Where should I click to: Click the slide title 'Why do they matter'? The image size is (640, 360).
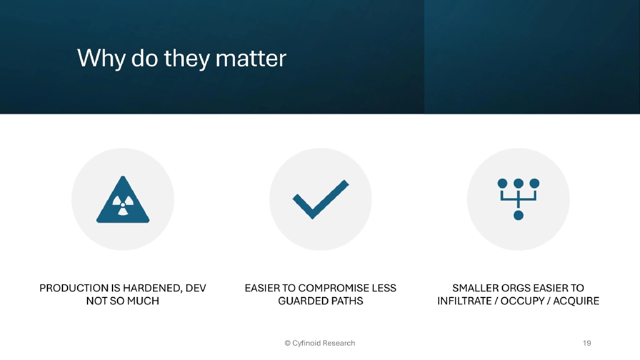[181, 58]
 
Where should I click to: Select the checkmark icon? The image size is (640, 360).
[320, 199]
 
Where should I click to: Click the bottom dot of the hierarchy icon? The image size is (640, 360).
[518, 216]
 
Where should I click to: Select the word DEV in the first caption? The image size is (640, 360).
[196, 288]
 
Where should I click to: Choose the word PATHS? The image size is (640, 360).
[347, 301]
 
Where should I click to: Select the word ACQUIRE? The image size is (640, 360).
[576, 301]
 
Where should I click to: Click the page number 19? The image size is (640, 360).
[586, 343]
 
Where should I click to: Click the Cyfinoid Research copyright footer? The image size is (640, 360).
[319, 343]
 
